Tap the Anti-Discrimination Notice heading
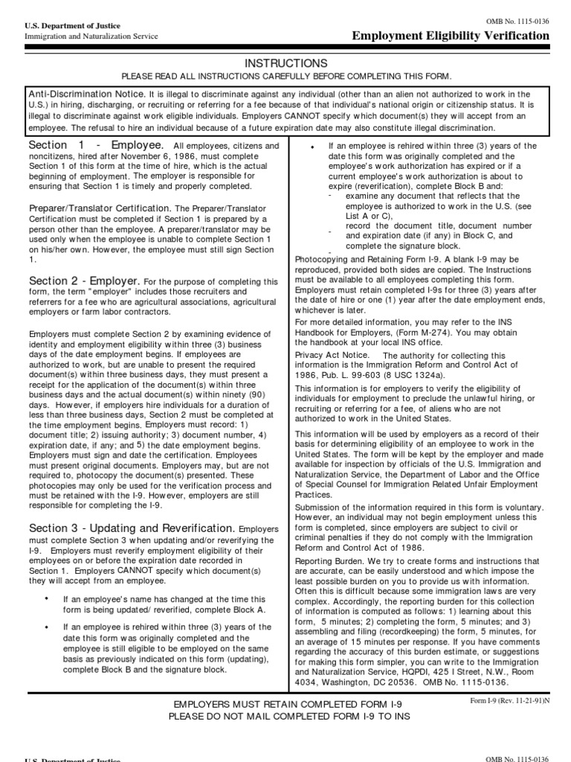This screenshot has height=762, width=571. pyautogui.click(x=86, y=95)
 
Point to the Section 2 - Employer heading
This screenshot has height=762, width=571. pyautogui.click(x=84, y=281)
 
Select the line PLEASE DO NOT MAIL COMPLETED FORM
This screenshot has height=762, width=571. pyautogui.click(x=285, y=716)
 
